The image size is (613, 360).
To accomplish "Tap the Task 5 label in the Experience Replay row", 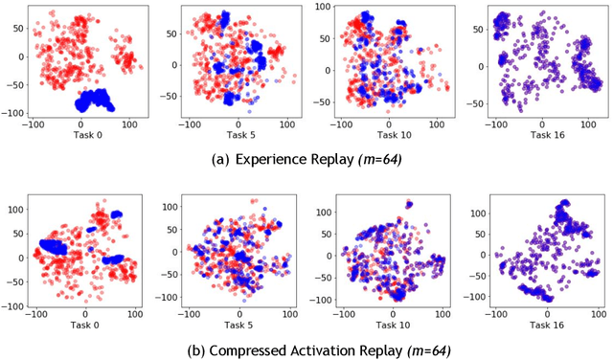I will pyautogui.click(x=235, y=135).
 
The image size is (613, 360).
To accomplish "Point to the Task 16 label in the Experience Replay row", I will pyautogui.click(x=543, y=135).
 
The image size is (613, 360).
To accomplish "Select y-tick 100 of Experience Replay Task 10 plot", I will pyautogui.click(x=325, y=8).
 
